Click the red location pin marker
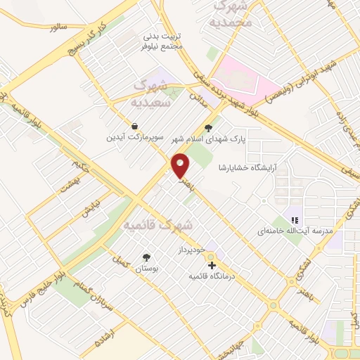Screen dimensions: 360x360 pyautogui.click(x=181, y=165)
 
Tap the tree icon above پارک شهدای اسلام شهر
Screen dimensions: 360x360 pyautogui.click(x=207, y=128)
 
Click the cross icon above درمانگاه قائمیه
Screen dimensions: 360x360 pyautogui.click(x=212, y=265)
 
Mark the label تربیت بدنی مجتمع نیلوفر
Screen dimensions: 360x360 pyautogui.click(x=163, y=39)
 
